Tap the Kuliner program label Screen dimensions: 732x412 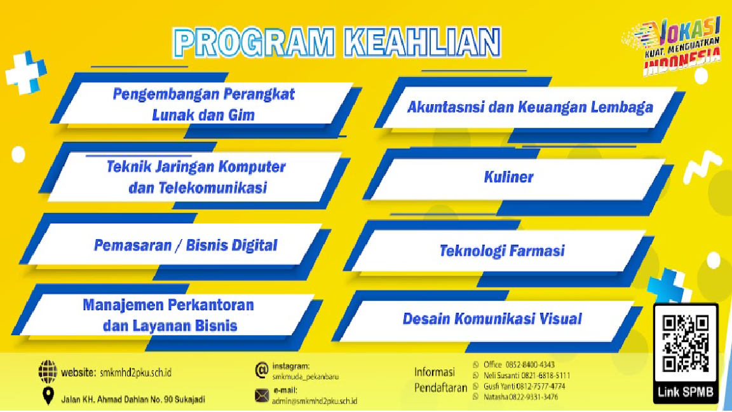(x=508, y=177)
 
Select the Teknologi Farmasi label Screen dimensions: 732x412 (x=502, y=251)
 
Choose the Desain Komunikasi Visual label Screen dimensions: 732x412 (x=492, y=319)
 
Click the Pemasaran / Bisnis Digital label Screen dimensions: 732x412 (x=186, y=245)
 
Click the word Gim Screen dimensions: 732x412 (x=241, y=115)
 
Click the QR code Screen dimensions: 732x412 (x=686, y=344)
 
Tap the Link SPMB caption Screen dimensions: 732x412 (x=686, y=392)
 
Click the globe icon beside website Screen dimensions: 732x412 (x=47, y=372)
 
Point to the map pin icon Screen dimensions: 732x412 (x=48, y=396)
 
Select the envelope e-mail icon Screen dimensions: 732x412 (x=262, y=395)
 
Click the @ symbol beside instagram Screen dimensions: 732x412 (x=262, y=370)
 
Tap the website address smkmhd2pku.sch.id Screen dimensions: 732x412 (x=135, y=373)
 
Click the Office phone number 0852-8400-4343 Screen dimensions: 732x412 (x=530, y=365)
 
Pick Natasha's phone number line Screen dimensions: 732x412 (x=520, y=397)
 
